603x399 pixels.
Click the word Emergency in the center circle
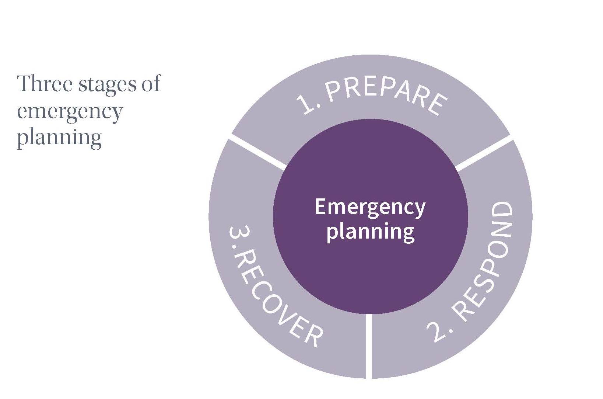370,208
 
